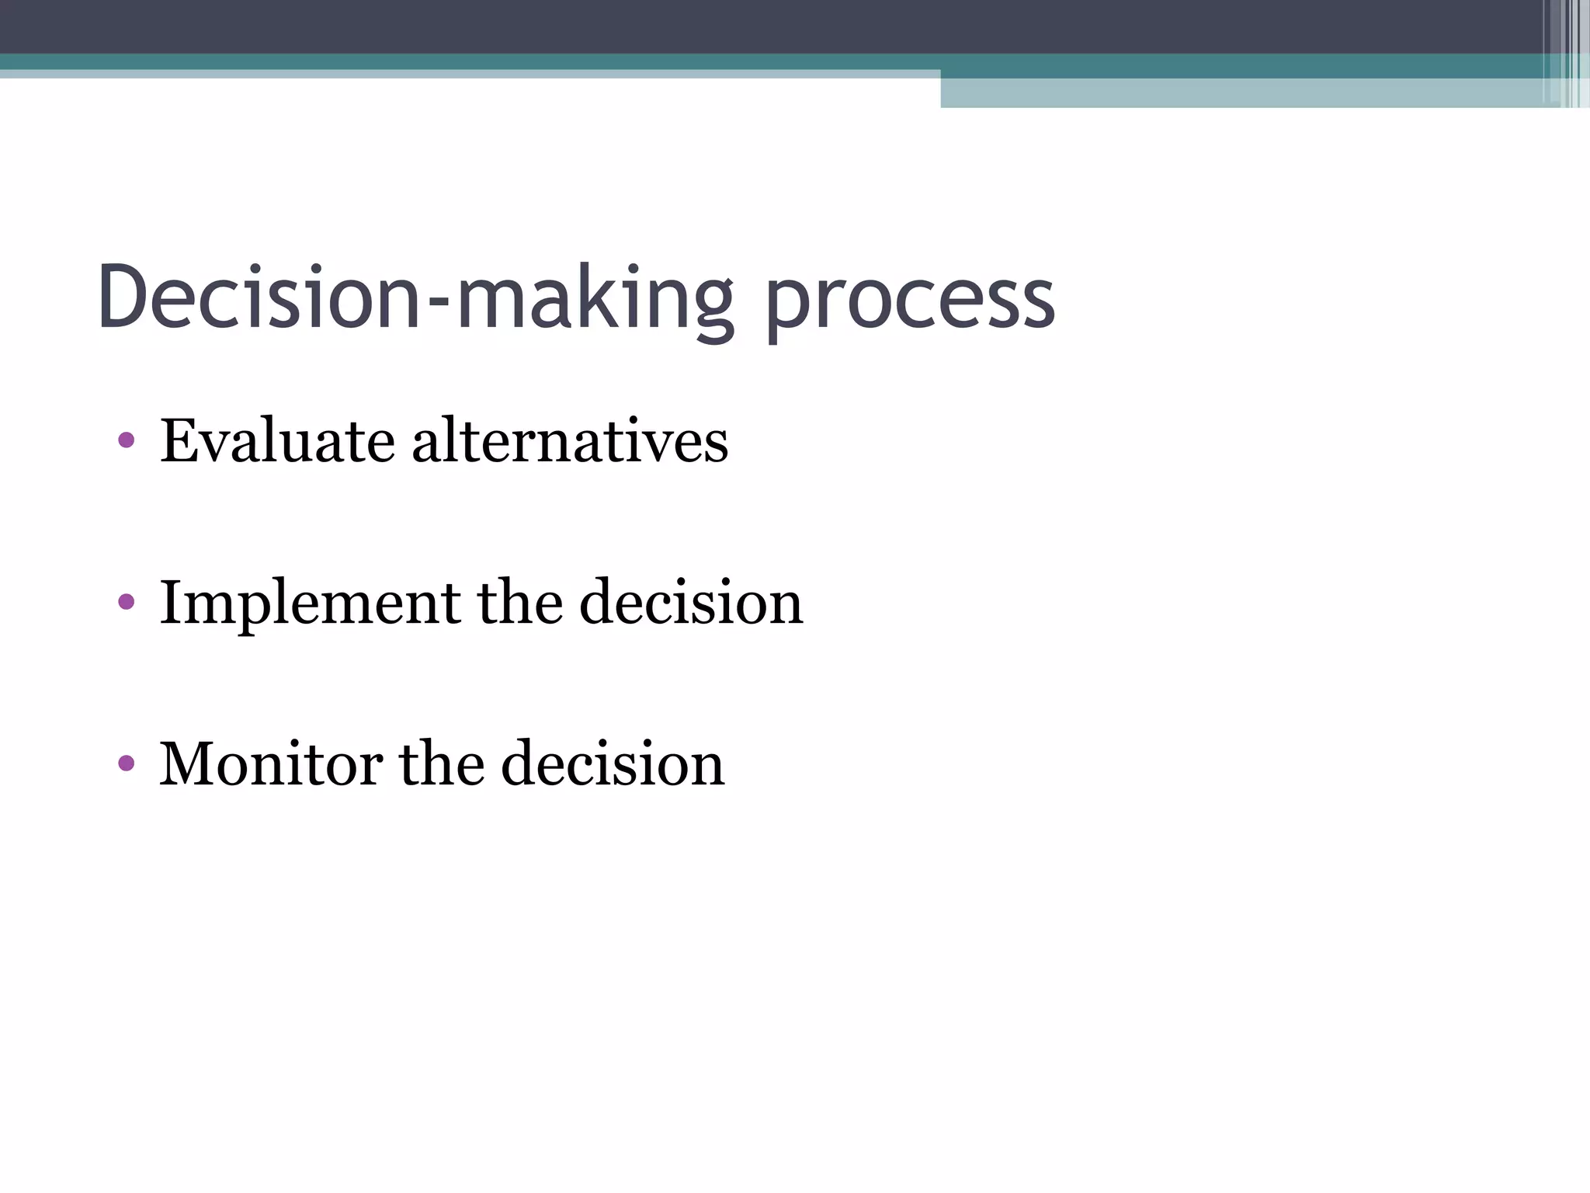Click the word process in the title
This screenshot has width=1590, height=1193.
tap(910, 303)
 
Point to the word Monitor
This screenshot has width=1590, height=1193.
tap(270, 764)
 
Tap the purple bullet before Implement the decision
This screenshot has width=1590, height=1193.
tap(127, 602)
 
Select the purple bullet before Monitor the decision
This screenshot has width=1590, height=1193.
tap(127, 763)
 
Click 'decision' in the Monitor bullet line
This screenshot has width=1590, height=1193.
tap(613, 764)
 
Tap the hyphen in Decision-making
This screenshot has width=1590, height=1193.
tap(439, 308)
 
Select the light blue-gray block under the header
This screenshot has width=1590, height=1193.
tap(1242, 93)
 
